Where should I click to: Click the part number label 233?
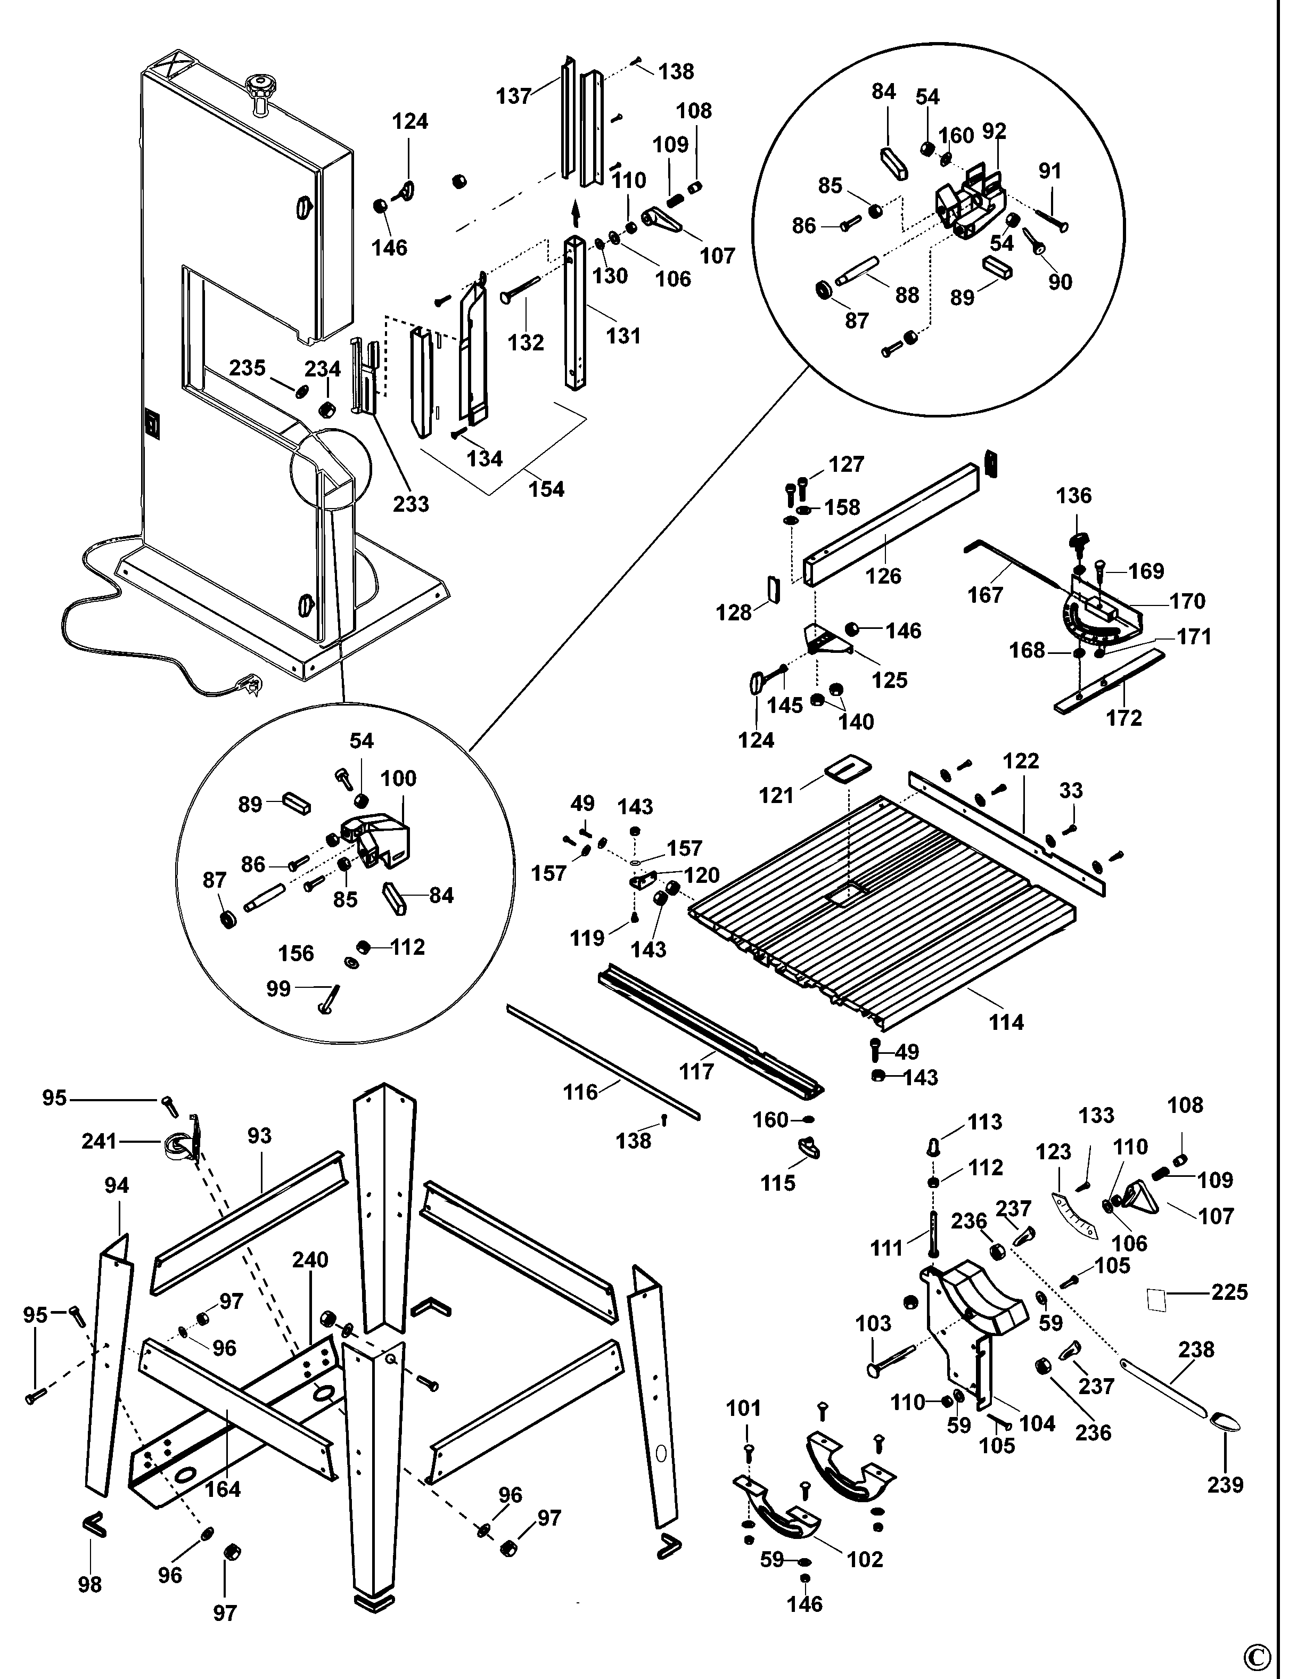410,504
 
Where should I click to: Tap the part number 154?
546,489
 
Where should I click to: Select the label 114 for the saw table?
1006,1022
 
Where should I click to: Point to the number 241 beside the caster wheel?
100,1141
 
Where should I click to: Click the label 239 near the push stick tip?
1225,1485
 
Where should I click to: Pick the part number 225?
1229,1292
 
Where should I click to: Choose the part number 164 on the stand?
223,1489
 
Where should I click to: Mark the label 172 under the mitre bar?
1124,718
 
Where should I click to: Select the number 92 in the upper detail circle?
995,131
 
